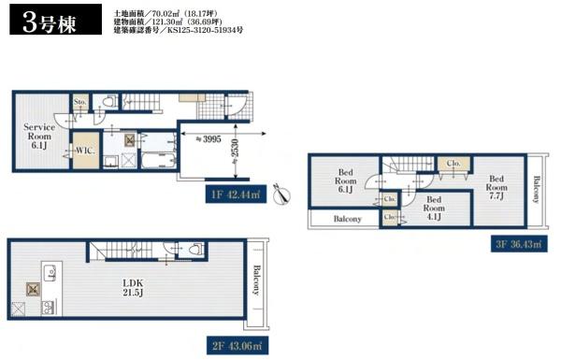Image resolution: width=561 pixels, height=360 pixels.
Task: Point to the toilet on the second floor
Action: point(194,252)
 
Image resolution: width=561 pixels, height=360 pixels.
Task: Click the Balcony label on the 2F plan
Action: point(254,281)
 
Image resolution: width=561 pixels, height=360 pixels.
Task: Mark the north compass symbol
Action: point(284,194)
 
